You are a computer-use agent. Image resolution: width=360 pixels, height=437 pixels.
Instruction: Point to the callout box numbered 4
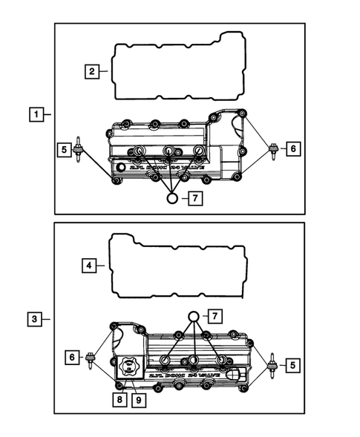[x=88, y=265]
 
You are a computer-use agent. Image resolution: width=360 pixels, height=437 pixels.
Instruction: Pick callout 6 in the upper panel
[x=292, y=149]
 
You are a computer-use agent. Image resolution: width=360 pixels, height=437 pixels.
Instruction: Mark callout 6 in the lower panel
[x=73, y=357]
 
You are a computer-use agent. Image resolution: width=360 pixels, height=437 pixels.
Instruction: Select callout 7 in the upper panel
[x=194, y=198]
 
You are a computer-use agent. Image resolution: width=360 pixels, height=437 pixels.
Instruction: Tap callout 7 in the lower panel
[x=214, y=317]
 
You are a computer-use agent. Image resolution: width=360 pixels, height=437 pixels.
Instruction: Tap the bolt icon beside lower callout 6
[x=91, y=358]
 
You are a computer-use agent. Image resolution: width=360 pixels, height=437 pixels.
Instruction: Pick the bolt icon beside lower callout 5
[x=272, y=364]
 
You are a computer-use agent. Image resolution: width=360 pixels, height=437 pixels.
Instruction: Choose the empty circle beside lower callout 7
[x=193, y=317]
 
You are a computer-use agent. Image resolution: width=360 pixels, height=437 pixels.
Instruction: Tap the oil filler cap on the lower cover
[x=128, y=367]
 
